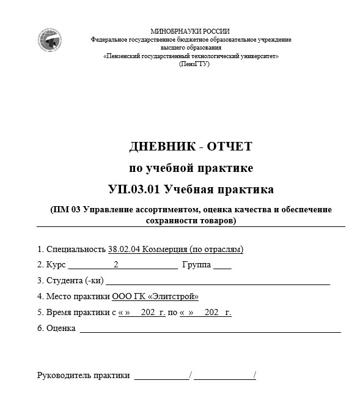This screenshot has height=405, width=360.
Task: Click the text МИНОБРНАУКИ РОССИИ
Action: [x=190, y=31]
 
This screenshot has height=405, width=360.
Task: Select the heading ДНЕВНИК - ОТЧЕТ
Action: [x=191, y=146]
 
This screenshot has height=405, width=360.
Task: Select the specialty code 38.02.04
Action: [x=123, y=249]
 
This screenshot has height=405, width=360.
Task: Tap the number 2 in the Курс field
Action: [x=116, y=265]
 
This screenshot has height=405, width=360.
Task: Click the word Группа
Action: [x=196, y=265]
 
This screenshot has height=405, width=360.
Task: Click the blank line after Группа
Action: [x=222, y=267]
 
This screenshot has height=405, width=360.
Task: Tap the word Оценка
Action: [x=61, y=329]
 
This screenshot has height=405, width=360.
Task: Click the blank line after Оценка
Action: [x=210, y=331]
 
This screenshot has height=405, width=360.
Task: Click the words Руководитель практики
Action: [x=84, y=376]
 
